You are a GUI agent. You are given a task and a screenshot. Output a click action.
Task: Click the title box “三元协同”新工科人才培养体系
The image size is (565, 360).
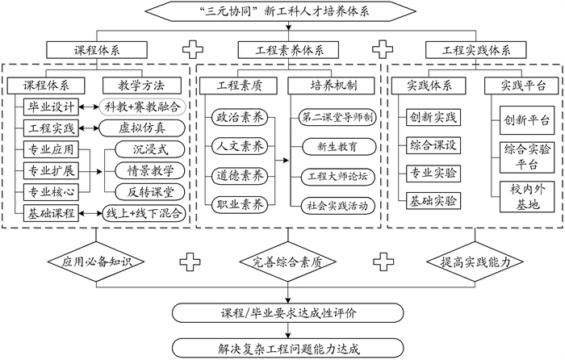pos(282,11)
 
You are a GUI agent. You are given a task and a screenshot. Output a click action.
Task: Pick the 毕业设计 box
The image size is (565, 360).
pos(52,107)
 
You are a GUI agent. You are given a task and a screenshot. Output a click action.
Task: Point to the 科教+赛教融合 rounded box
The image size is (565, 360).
pos(142,107)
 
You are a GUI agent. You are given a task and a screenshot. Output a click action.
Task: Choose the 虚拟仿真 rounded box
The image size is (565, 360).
pos(142,128)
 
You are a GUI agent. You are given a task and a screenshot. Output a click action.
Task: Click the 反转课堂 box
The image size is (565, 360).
pos(150,192)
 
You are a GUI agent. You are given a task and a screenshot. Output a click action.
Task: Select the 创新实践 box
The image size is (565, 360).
pos(433,118)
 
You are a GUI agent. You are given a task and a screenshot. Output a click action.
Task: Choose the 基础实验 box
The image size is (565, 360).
pos(433,199)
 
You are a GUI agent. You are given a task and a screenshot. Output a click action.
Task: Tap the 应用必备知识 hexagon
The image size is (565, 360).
pos(95,262)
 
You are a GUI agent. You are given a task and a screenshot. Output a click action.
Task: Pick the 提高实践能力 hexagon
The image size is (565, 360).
pos(471,262)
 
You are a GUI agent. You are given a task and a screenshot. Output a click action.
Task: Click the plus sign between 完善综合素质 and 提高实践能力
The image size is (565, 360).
pos(380,262)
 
